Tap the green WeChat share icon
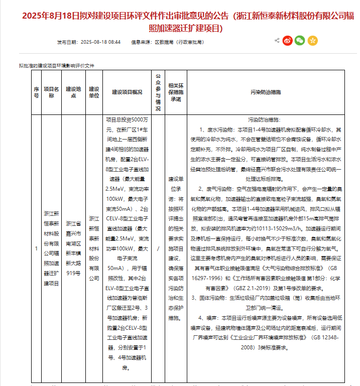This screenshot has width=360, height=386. point(300,40)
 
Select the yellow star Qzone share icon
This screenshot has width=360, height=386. point(312,40)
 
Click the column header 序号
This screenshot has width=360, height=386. point(36,92)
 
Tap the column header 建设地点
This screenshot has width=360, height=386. point(73,92)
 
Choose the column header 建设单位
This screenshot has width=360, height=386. point(93,92)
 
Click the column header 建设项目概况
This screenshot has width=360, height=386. point(127,92)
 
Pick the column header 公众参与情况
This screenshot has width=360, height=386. point(158,92)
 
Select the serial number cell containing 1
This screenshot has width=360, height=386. point(36,248)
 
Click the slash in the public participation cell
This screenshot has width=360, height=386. point(158,248)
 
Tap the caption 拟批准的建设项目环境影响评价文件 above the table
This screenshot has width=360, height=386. point(57,66)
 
